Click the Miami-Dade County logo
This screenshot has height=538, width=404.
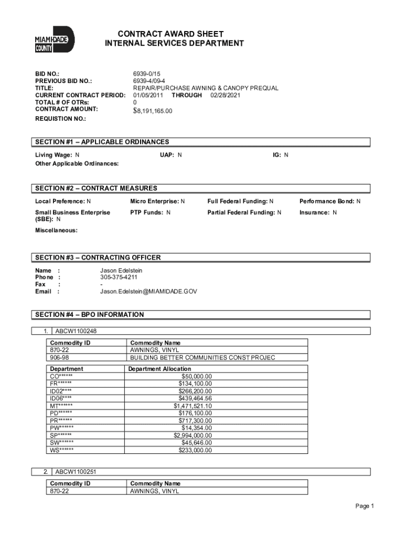point(55,39)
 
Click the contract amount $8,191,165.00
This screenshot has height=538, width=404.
point(153,111)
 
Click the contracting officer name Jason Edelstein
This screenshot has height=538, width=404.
point(121,270)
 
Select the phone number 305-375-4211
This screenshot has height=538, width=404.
point(119,277)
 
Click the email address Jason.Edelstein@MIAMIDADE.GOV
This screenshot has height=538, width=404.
point(148,291)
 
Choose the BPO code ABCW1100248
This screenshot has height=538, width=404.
point(76,332)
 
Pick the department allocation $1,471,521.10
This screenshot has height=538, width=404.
point(193,406)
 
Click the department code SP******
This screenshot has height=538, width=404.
point(61,435)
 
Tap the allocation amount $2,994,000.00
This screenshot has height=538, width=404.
point(193,435)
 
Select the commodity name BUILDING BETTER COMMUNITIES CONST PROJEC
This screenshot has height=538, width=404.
point(203,357)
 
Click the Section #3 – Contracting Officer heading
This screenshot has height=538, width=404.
point(98,257)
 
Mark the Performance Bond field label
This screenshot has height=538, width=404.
point(326,201)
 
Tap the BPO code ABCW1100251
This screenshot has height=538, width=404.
point(76,472)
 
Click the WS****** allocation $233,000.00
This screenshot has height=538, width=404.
point(195,450)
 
